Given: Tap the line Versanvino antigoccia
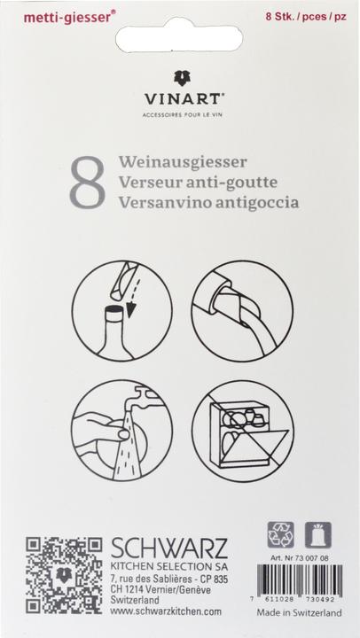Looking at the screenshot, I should click(207, 201).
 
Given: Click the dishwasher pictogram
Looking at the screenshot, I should click(242, 430).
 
